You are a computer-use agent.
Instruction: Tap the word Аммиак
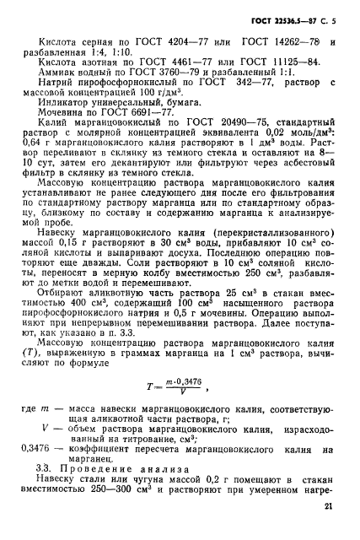pos(62,72)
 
